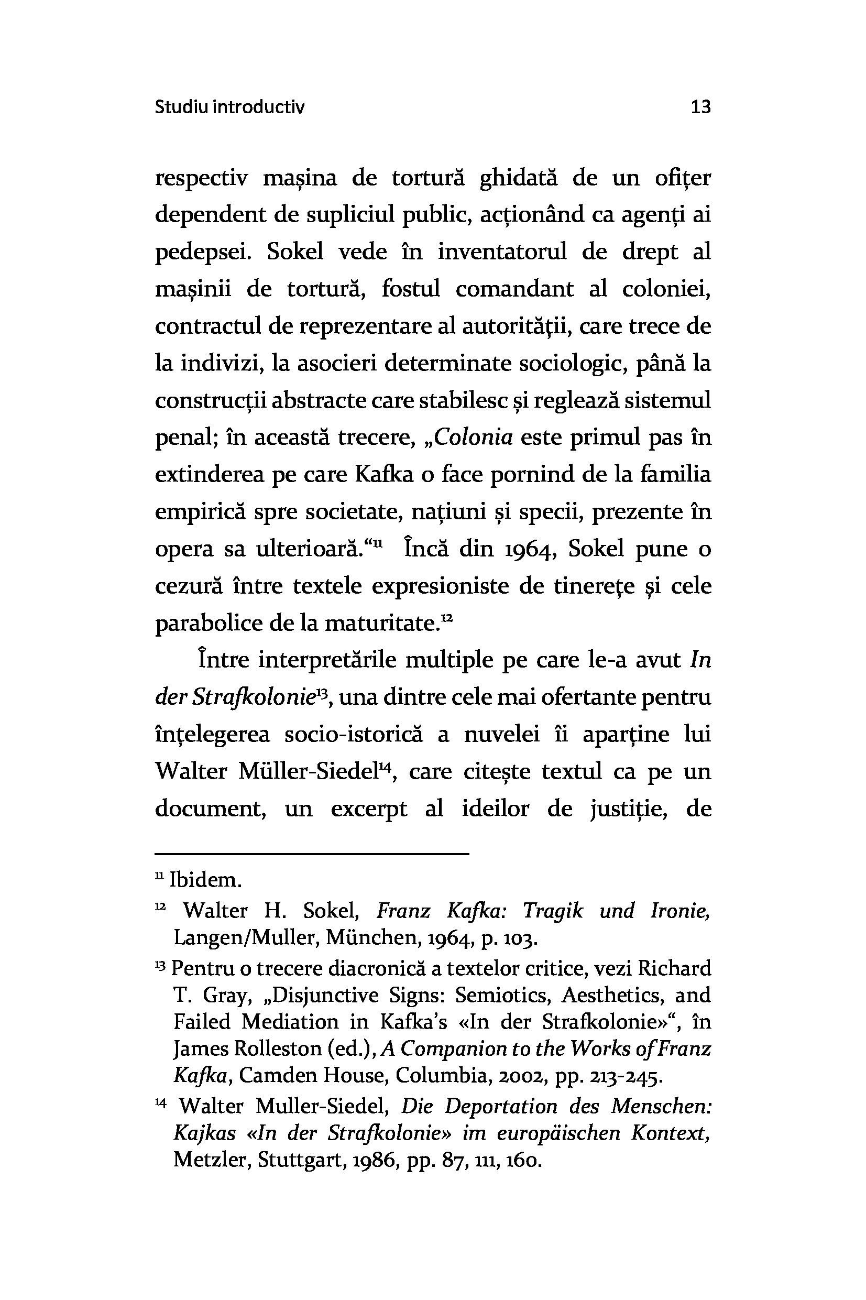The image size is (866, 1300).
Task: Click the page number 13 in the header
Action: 700,106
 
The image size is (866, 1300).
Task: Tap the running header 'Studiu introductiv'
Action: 229,106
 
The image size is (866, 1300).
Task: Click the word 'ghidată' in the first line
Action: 519,179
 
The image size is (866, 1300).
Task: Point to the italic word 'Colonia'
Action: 474,438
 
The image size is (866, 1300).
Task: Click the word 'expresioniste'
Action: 440,586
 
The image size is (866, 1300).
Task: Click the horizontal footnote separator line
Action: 312,854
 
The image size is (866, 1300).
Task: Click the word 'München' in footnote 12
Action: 357,937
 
